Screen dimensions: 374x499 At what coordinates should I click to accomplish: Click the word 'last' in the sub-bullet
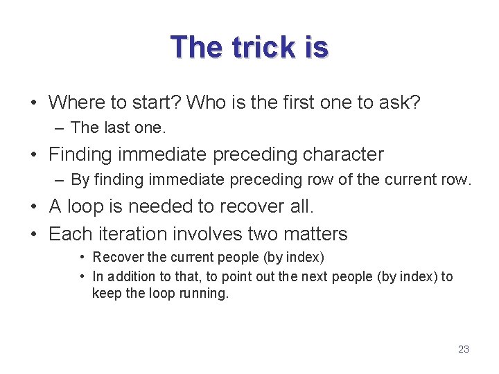[x=117, y=127]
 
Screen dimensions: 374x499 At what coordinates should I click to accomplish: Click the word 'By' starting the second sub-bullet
[x=80, y=180]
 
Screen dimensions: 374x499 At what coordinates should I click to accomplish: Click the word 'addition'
[x=130, y=276]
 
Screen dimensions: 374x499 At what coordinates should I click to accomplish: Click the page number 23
[x=464, y=349]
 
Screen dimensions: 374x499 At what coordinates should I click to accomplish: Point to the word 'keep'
[x=106, y=293]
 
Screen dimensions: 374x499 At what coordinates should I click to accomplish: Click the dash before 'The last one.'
[x=60, y=127]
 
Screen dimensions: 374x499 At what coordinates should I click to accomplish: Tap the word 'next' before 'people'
[x=316, y=276]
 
